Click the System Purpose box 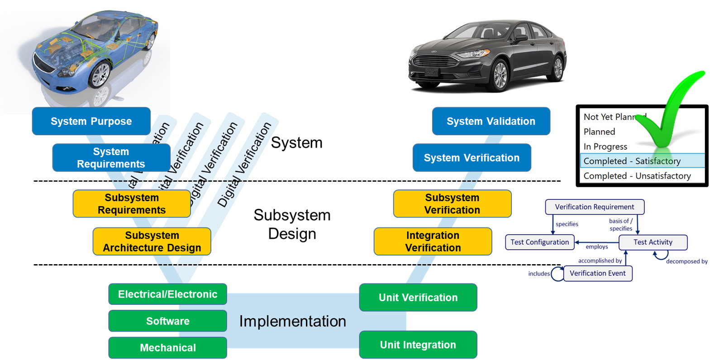[91, 121]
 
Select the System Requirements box [111, 158]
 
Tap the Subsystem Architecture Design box [152, 242]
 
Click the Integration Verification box [433, 242]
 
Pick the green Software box [167, 321]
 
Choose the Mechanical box [167, 348]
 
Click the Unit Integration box [418, 345]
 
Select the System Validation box [490, 121]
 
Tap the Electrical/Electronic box [167, 294]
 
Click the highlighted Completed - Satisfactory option [632, 161]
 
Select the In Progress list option [605, 147]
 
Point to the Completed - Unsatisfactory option [637, 176]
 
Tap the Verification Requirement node [594, 207]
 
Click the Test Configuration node [539, 242]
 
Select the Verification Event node [597, 273]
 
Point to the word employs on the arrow [596, 247]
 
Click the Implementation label [292, 321]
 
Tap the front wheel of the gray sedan [500, 75]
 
